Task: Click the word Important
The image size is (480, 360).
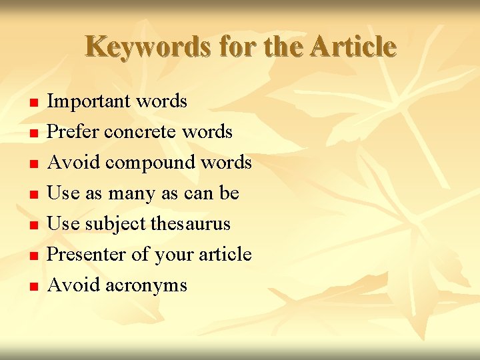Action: pos(90,101)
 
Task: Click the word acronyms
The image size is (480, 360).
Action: pos(145,285)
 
